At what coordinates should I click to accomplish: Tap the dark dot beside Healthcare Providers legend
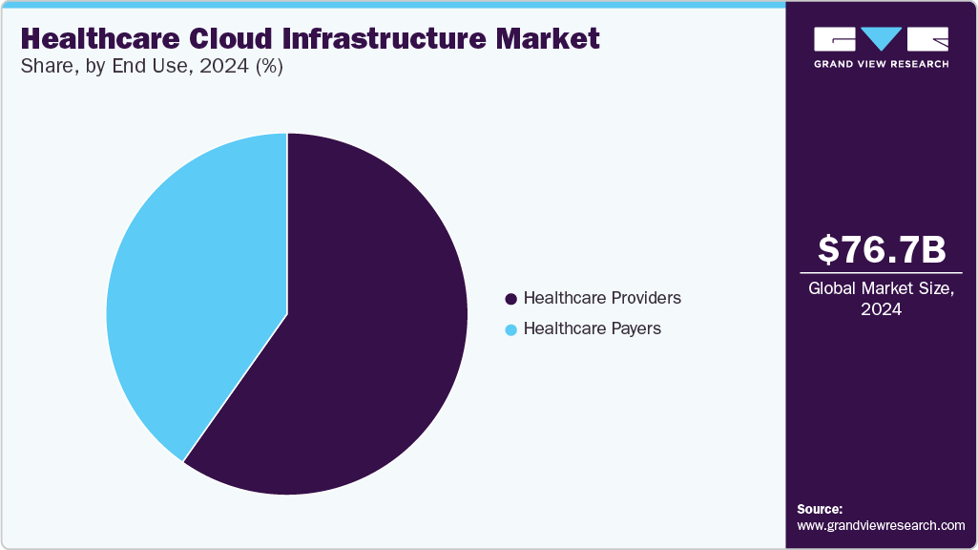pos(511,299)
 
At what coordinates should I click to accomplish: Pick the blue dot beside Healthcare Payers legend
pos(511,329)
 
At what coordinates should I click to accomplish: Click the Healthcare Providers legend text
pos(602,298)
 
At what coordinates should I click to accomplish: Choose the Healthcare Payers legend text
pos(592,328)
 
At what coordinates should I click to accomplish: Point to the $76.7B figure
pos(882,249)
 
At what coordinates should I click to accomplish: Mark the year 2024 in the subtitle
pos(221,67)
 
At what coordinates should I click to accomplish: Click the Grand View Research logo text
pos(881,64)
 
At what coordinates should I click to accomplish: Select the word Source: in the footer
pos(820,509)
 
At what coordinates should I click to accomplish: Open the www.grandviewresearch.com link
pos(881,525)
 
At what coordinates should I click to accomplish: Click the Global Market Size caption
pos(881,288)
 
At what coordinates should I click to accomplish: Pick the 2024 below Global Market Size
pos(881,309)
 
